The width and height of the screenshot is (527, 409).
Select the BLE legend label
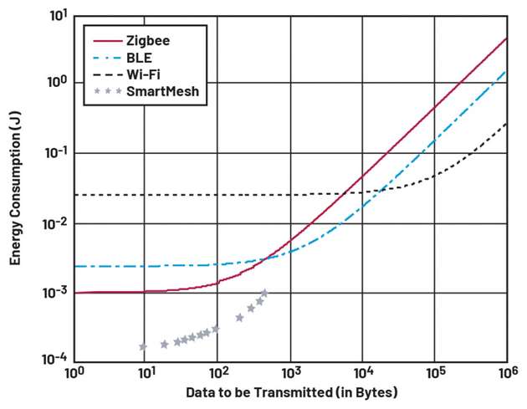138,57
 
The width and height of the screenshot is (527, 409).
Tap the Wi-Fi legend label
141,74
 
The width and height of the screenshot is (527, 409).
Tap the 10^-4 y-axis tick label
56,360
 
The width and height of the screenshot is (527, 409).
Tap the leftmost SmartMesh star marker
143,346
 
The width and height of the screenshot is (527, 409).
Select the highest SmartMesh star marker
264,293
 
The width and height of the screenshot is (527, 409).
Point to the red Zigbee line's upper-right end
507,38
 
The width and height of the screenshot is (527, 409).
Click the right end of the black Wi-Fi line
507,124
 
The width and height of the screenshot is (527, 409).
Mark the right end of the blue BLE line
507,71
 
